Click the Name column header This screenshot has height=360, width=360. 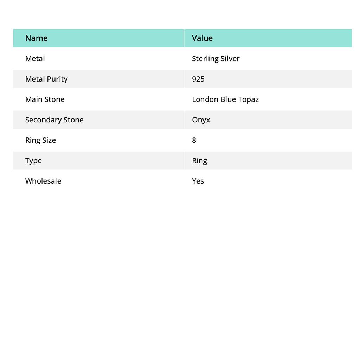pos(36,38)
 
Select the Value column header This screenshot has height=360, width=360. pos(202,38)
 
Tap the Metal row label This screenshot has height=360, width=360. pos(35,58)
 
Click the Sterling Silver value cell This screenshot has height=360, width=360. pos(216,59)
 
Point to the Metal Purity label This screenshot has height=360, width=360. pos(46,79)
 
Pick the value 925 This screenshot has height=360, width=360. pos(198,79)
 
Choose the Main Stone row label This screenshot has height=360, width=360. pos(45,99)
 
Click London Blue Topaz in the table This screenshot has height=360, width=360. pos(225,99)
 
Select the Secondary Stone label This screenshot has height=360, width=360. pos(54,120)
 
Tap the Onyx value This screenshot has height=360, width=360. pos(201,120)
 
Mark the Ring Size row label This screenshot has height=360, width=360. pos(40,140)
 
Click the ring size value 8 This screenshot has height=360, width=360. pos(194,140)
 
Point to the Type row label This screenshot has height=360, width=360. pos(33,161)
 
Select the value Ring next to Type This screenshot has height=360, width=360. pos(199,161)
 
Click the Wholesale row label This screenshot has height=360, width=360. pos(43,181)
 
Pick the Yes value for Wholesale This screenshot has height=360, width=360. pos(198,181)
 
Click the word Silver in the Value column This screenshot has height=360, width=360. pos(230,58)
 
